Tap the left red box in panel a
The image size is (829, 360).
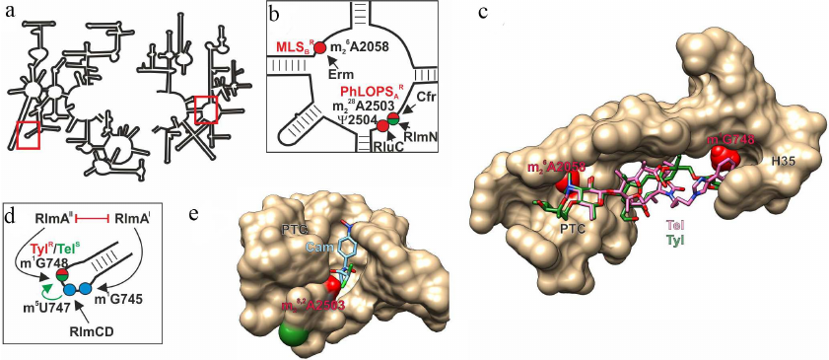(28, 132)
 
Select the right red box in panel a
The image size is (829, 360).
(205, 109)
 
